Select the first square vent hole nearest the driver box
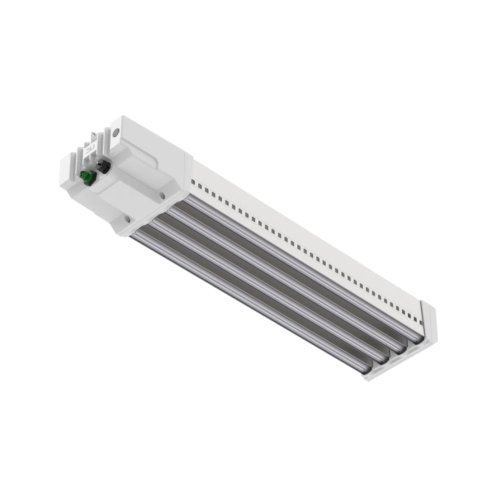192,183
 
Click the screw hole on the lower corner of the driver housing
128,220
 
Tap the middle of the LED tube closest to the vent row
298,267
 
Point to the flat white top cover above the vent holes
307,235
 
